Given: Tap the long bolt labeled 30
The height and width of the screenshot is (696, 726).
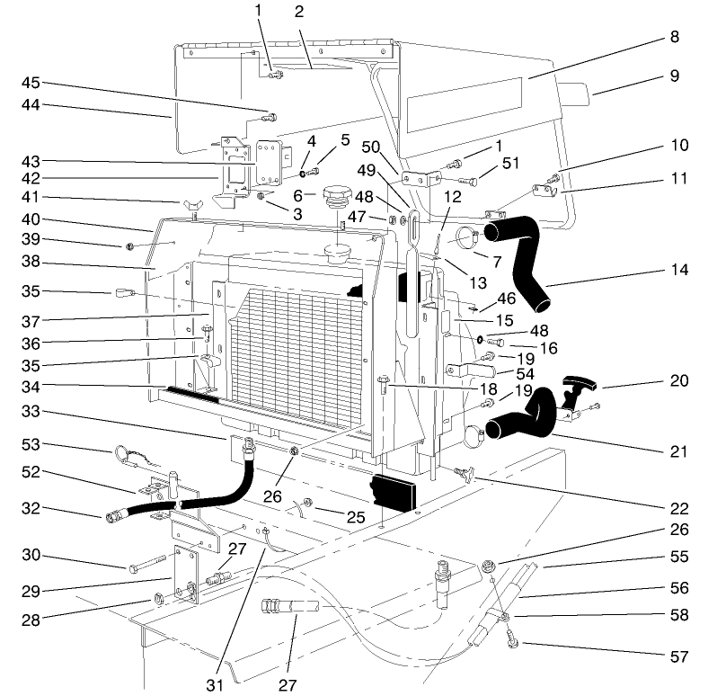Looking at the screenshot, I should pyautogui.click(x=145, y=568).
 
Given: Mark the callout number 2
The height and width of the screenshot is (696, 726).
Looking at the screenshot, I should pyautogui.click(x=297, y=12).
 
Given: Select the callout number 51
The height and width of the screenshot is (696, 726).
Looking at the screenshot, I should pyautogui.click(x=513, y=163).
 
